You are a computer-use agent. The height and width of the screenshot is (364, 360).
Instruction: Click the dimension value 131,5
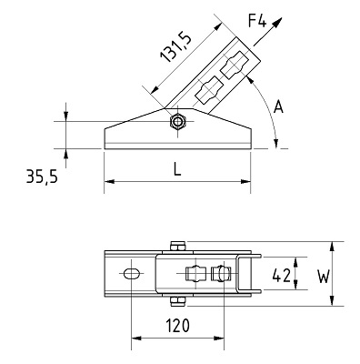(x=176, y=48)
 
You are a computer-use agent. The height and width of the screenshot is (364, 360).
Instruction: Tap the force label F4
(x=257, y=20)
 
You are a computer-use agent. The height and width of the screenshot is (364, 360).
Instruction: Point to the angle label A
(x=278, y=107)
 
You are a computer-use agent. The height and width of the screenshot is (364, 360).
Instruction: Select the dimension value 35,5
(x=42, y=177)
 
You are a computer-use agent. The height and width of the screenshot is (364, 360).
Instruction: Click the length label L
(x=177, y=168)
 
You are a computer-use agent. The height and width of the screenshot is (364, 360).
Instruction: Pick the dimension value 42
(x=282, y=276)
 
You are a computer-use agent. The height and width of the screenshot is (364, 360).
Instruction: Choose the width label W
(x=324, y=277)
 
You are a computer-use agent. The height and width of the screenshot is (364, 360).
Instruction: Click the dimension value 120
(x=177, y=326)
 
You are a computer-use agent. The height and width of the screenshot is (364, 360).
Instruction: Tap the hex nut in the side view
(x=177, y=122)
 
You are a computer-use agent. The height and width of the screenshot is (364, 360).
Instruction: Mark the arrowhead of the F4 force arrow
(x=277, y=23)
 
